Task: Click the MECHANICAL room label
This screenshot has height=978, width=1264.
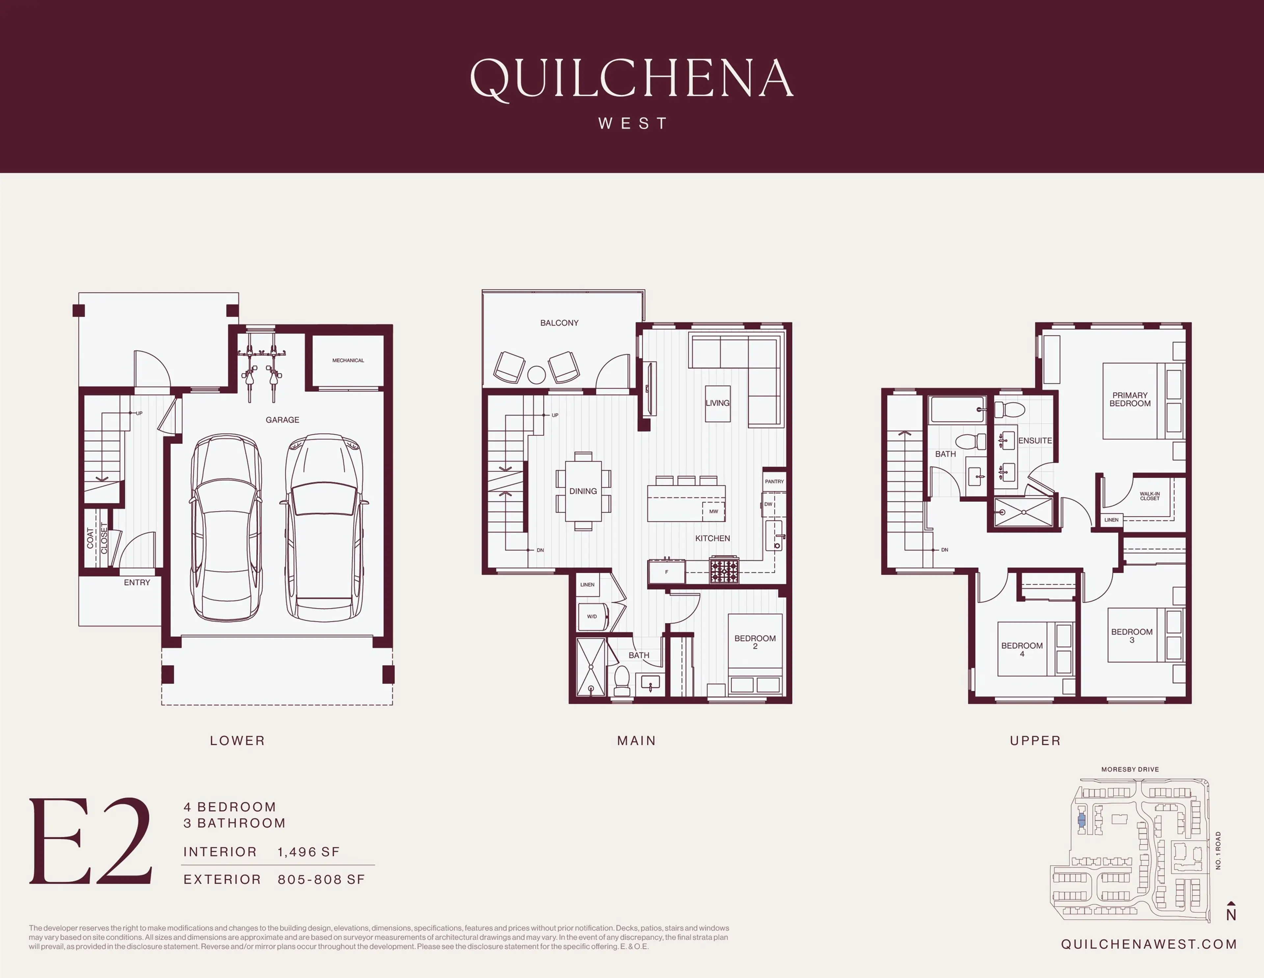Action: pos(348,360)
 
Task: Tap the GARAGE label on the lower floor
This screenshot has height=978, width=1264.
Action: pos(282,420)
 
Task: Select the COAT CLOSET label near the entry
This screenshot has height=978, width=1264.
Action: pos(97,539)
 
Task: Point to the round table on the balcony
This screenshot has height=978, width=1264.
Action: pos(537,375)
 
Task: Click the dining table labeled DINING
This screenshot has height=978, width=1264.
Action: pos(583,491)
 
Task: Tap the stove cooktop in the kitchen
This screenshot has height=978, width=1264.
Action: pos(724,570)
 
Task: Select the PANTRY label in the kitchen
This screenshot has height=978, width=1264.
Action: pos(774,481)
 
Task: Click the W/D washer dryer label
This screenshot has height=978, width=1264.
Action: pos(592,616)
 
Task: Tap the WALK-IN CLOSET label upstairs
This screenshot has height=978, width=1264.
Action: pos(1149,496)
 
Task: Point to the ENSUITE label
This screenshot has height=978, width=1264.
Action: pos(1035,441)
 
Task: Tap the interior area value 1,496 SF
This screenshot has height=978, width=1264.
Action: pos(308,852)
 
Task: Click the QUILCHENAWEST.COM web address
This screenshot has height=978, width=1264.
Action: pos(1149,944)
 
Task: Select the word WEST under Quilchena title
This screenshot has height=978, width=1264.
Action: pos(633,123)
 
